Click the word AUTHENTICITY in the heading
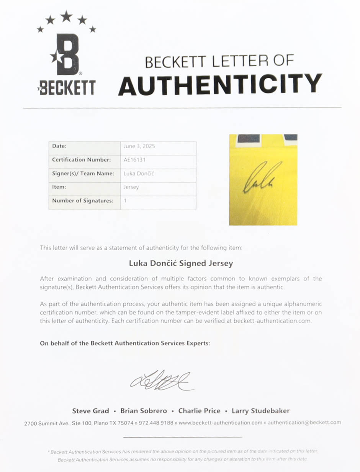[220, 84]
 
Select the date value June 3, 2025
[139, 146]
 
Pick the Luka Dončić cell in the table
[139, 174]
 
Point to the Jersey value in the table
[131, 187]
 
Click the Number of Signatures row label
[83, 201]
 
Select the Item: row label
[59, 187]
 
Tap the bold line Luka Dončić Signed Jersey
[180, 264]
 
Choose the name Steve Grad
[90, 411]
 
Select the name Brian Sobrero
[144, 411]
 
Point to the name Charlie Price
[199, 411]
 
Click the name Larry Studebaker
[260, 411]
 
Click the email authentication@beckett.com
[304, 423]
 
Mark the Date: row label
[59, 146]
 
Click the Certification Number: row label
[82, 160]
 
